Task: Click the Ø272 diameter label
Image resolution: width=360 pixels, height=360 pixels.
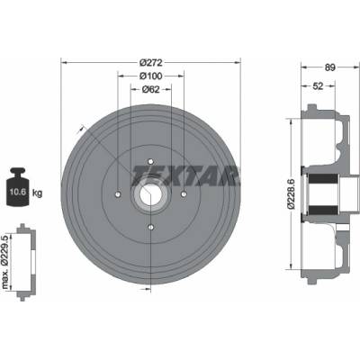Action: (151, 63)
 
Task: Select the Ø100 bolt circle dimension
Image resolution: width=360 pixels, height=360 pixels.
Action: (151, 76)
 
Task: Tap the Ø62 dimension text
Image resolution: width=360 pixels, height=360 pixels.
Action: (150, 89)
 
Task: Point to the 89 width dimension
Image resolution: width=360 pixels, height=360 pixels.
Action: (330, 67)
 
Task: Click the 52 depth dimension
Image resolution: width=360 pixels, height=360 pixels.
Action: (318, 86)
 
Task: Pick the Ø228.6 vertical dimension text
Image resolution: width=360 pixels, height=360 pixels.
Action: (291, 193)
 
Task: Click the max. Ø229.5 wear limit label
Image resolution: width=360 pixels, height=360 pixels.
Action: (5, 262)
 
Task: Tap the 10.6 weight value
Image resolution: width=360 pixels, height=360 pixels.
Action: (18, 193)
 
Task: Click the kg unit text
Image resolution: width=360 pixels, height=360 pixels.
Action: (37, 193)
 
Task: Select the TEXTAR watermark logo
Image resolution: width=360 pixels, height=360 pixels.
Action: (186, 175)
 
